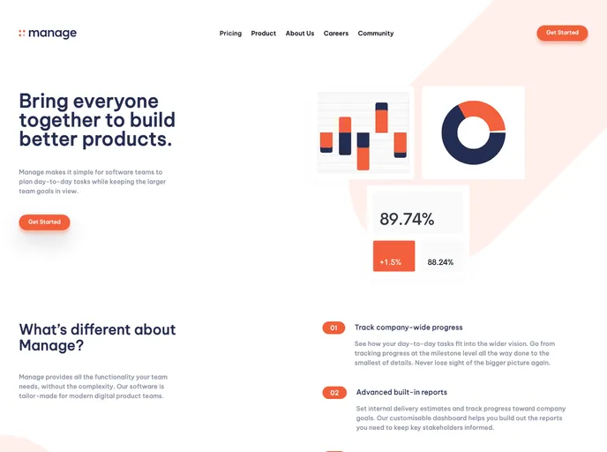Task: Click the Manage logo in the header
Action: (48, 34)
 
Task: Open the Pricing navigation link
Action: (230, 34)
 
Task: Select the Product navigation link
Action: (263, 34)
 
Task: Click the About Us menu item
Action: (300, 34)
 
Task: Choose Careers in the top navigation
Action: (336, 34)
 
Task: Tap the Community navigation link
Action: (376, 34)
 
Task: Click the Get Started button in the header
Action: (562, 33)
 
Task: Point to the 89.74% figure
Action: (407, 220)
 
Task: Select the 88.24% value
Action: (440, 262)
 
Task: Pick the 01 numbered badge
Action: (333, 328)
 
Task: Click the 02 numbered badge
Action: (334, 393)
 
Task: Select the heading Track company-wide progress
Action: (408, 328)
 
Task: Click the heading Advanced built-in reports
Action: (401, 392)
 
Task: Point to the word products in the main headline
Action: (136, 139)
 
